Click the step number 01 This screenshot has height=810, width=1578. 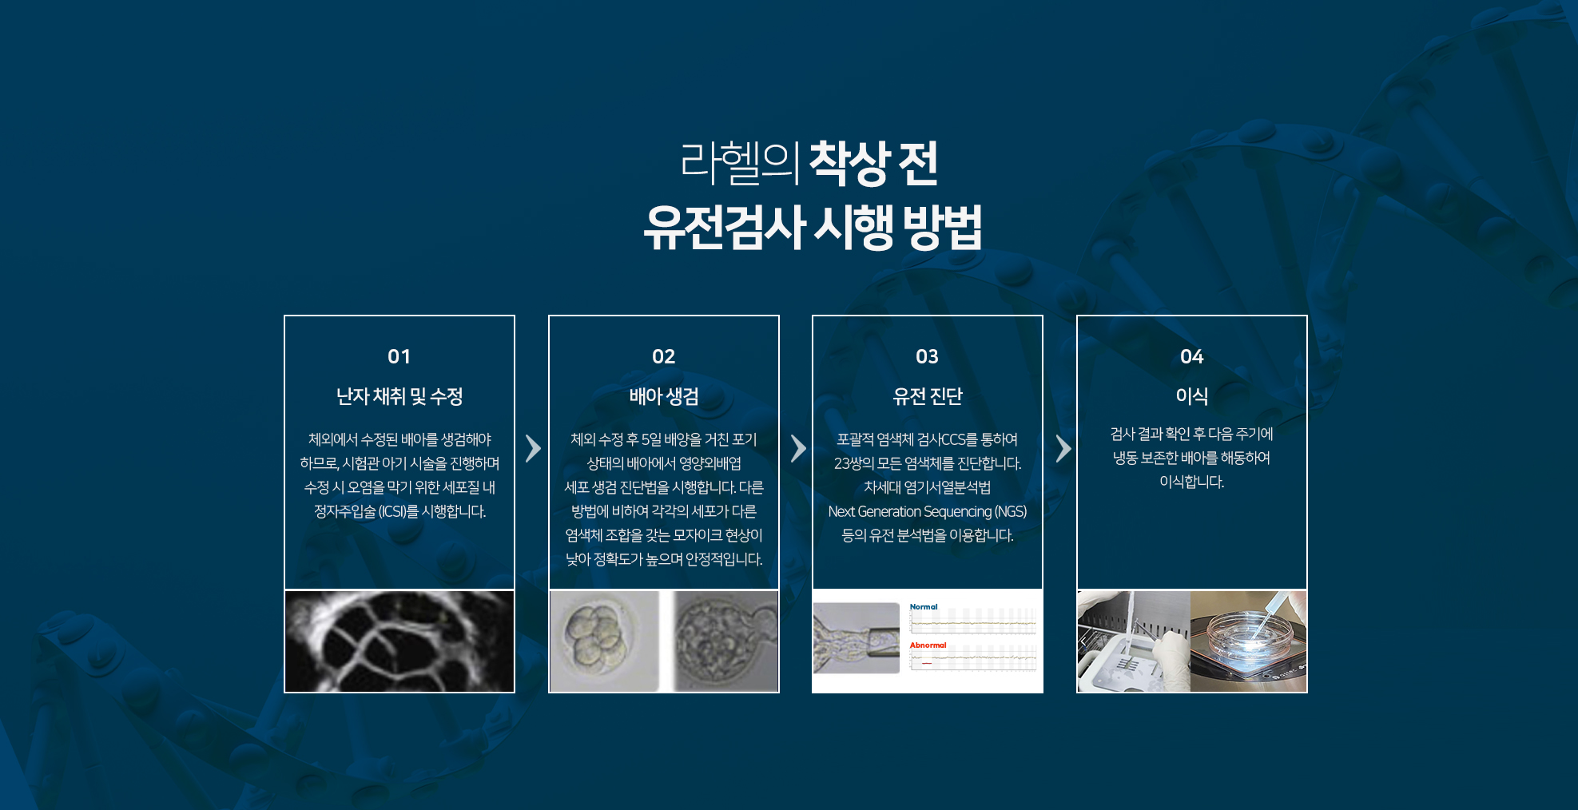click(399, 356)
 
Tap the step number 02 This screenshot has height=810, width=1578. click(663, 356)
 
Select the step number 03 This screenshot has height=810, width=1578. click(927, 356)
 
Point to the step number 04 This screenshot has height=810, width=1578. click(1191, 356)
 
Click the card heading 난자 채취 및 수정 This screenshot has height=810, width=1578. click(399, 396)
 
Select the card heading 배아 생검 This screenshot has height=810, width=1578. click(664, 396)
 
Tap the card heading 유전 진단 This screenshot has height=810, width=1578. click(928, 396)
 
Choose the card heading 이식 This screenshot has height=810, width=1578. click(1191, 395)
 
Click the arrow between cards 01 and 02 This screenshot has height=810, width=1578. click(533, 448)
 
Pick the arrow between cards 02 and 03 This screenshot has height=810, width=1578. click(798, 448)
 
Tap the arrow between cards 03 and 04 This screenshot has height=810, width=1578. click(1063, 448)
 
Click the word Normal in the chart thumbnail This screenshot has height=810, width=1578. click(924, 607)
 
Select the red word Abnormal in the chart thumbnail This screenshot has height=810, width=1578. click(928, 645)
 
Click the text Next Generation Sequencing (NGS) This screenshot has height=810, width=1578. click(928, 511)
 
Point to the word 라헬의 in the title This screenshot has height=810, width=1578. click(740, 163)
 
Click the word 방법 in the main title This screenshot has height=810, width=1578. click(943, 227)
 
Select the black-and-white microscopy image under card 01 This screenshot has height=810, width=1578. click(399, 641)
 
